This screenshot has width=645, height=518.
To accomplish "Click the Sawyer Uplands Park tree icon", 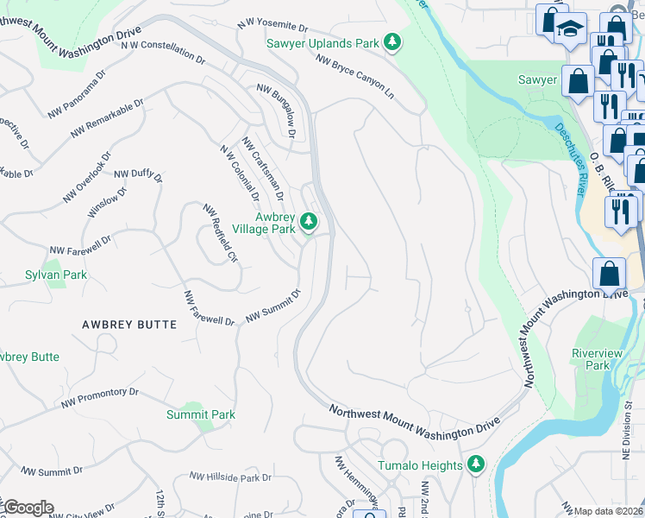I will (x=392, y=41).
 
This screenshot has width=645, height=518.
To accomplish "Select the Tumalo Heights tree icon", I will (x=475, y=465).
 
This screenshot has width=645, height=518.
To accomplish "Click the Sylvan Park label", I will (x=55, y=275).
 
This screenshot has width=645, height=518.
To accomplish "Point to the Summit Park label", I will (x=200, y=414).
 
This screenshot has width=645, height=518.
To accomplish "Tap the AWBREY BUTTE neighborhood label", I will (x=128, y=325).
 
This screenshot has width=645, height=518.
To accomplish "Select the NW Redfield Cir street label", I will (x=220, y=233).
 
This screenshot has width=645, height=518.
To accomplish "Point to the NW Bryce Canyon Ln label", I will (x=354, y=77).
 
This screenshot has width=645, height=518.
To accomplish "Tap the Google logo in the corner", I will (x=28, y=508).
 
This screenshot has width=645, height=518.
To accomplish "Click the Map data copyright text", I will (x=609, y=511).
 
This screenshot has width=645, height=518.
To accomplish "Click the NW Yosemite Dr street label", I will (x=272, y=28).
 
